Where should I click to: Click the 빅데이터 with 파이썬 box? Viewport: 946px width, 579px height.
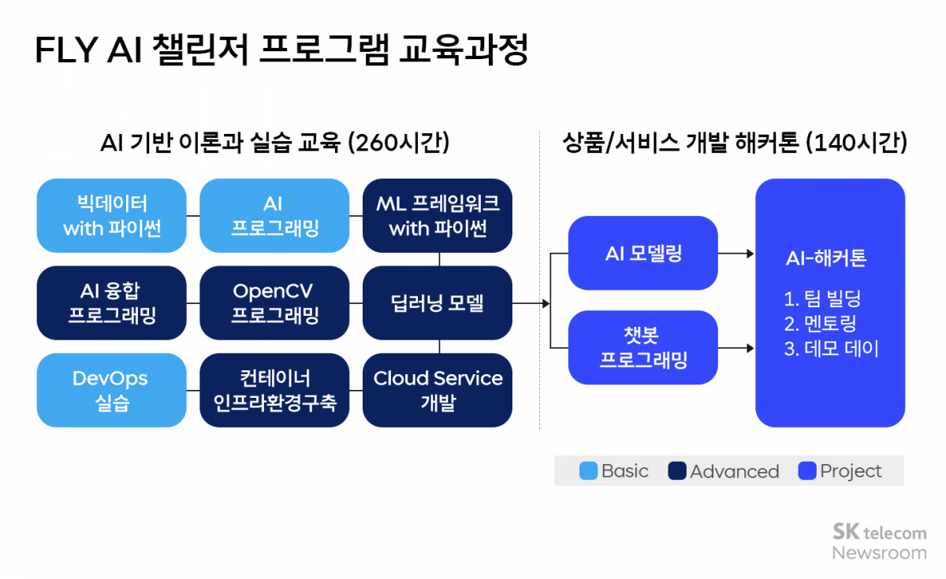[111, 215]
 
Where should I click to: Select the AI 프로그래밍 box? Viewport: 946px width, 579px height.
[274, 215]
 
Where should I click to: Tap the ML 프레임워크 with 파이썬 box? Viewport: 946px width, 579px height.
[438, 215]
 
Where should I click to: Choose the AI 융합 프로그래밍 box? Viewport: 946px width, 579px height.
[111, 302]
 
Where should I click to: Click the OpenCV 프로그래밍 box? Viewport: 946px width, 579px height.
[274, 302]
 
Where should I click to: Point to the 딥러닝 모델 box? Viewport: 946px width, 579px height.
[438, 302]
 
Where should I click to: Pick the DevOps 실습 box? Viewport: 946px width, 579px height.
[111, 390]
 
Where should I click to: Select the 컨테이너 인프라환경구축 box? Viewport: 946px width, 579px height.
[274, 390]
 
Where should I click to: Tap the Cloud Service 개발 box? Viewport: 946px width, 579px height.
[438, 390]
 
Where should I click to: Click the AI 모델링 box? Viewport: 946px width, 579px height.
[643, 253]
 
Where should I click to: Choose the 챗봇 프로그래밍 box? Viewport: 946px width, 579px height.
[643, 347]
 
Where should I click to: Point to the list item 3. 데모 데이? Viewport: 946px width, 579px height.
[831, 348]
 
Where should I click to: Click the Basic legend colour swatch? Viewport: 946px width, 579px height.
[588, 471]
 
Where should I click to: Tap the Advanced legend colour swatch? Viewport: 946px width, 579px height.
[677, 471]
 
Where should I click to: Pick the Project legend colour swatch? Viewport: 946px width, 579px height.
[806, 471]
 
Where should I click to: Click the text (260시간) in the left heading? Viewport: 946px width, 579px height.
[398, 143]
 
